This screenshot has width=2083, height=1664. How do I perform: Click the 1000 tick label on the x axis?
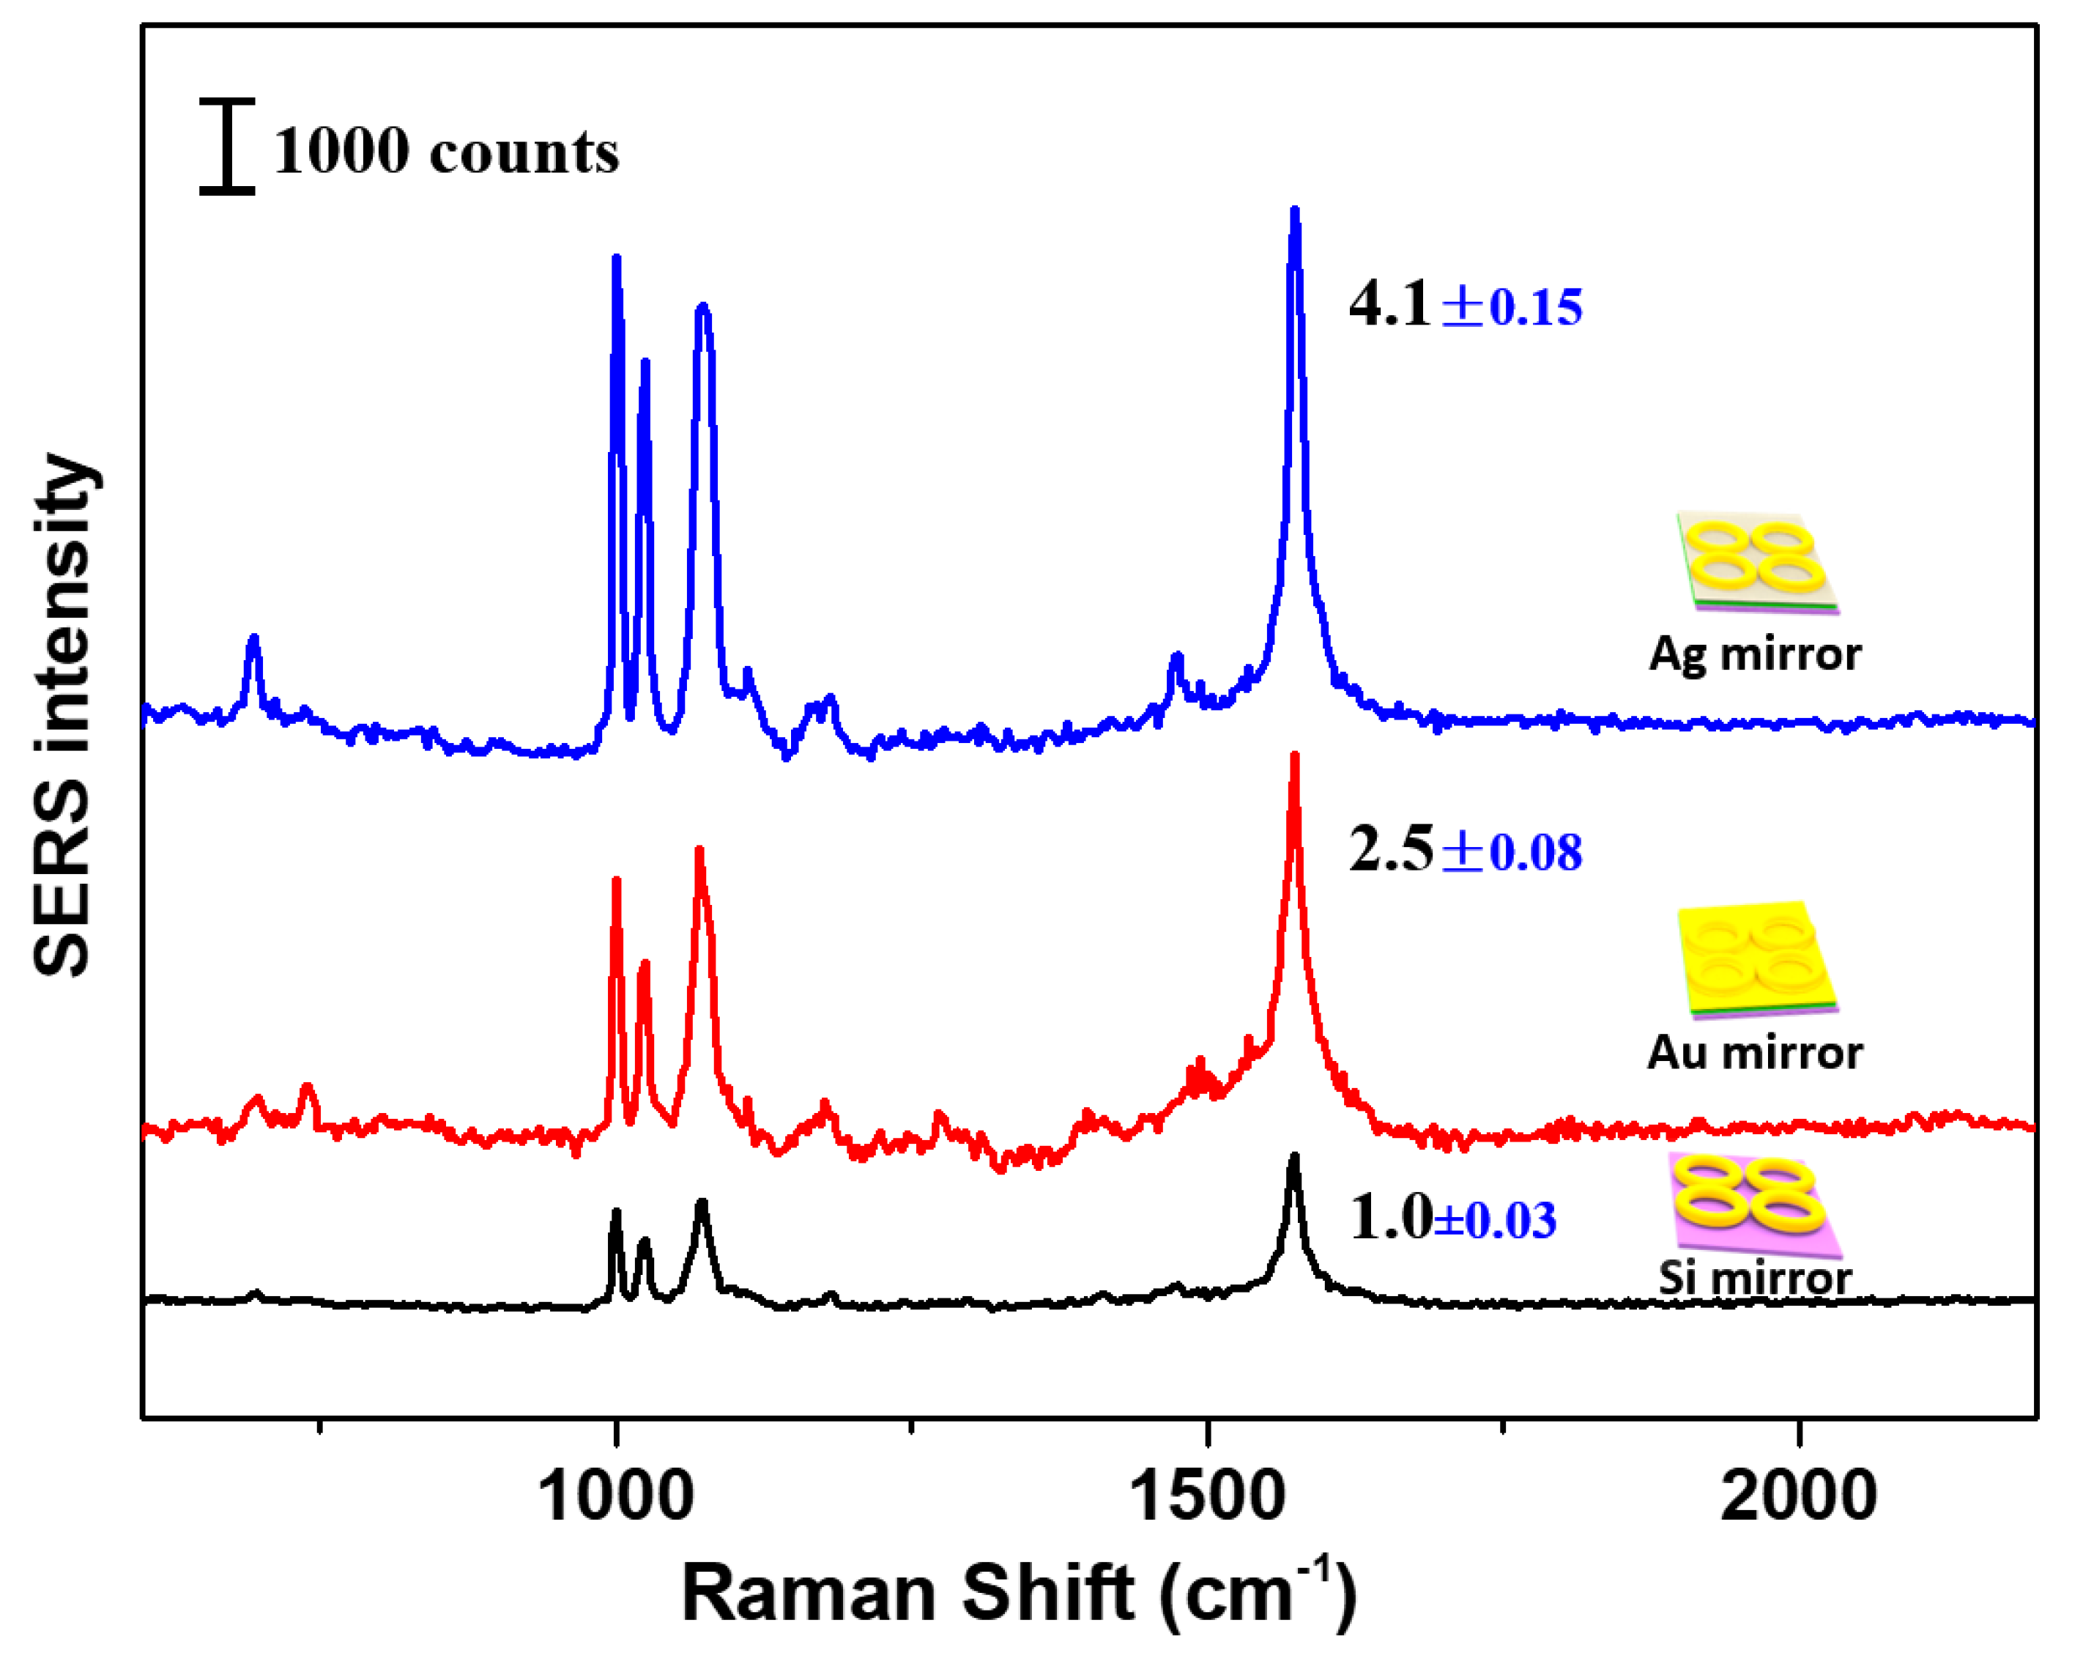615,1497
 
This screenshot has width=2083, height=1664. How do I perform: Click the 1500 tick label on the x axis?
1207,1497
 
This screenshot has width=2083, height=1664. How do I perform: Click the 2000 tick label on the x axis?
1799,1497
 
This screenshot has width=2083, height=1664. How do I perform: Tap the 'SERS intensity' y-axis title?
63,715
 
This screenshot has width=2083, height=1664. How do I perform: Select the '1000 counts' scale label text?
445,152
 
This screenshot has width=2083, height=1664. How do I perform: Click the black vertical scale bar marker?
227,146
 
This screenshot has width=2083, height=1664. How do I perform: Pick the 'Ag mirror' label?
1755,654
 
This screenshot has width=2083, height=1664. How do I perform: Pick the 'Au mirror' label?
1755,1052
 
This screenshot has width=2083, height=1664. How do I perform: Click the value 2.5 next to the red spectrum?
1390,851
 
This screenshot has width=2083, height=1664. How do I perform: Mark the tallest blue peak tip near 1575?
1296,211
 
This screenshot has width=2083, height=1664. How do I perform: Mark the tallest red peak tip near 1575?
1295,757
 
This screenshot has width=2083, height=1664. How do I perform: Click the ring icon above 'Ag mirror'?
1756,563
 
